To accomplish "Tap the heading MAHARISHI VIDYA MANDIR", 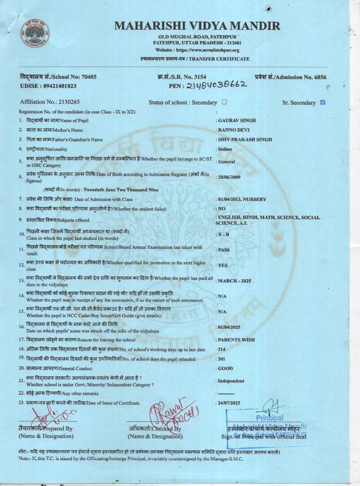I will click(197, 26).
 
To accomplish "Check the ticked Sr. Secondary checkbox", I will click(323, 102).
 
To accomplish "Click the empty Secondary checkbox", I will click(224, 102).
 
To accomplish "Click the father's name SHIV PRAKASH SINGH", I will click(245, 139).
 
